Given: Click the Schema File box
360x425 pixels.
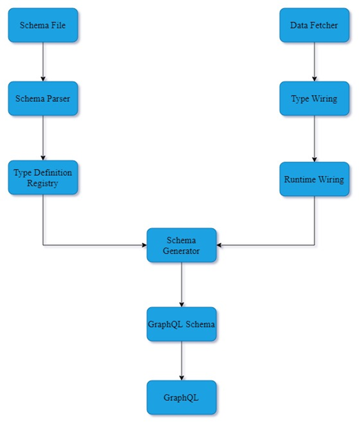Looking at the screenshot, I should pos(42,25).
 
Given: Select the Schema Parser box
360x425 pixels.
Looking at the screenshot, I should pos(42,98).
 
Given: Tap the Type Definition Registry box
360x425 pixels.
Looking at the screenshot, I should pos(42,178).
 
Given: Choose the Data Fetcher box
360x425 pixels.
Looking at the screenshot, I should pos(314,25).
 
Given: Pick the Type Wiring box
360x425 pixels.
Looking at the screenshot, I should pos(314,98).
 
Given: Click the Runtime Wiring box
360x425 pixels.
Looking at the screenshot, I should pos(314,179).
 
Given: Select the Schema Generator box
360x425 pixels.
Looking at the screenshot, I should pos(181,245).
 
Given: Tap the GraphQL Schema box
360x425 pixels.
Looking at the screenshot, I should pos(181,324).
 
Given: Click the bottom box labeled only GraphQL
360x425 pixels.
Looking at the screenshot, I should pos(181,398).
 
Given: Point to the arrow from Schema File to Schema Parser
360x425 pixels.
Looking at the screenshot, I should pos(42,61).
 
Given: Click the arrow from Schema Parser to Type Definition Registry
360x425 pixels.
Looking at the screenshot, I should pos(42,138).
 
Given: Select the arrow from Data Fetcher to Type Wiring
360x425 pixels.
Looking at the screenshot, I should pos(314,61).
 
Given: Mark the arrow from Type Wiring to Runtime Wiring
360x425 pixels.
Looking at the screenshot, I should pos(314,138).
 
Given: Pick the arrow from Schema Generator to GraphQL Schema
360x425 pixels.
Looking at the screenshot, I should pos(181,285).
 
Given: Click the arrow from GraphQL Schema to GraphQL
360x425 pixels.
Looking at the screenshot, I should pos(181,361).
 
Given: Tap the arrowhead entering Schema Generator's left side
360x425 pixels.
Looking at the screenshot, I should pos(143,245).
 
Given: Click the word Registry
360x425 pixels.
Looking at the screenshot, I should pos(42,183).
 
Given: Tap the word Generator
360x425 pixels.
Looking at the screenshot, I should pos(181,250).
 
